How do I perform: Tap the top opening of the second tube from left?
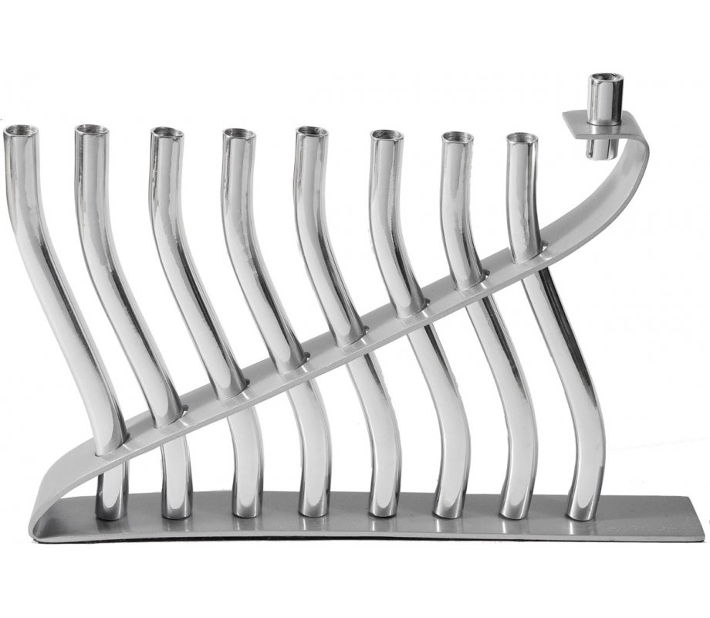pyautogui.click(x=92, y=129)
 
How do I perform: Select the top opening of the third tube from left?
pyautogui.click(x=167, y=132)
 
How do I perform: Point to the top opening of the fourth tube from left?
pyautogui.click(x=239, y=134)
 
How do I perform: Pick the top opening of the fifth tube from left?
pyautogui.click(x=312, y=131)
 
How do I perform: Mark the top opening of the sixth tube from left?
pyautogui.click(x=386, y=135)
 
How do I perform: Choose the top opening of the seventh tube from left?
pyautogui.click(x=458, y=138)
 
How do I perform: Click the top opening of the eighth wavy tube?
pyautogui.click(x=522, y=138)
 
